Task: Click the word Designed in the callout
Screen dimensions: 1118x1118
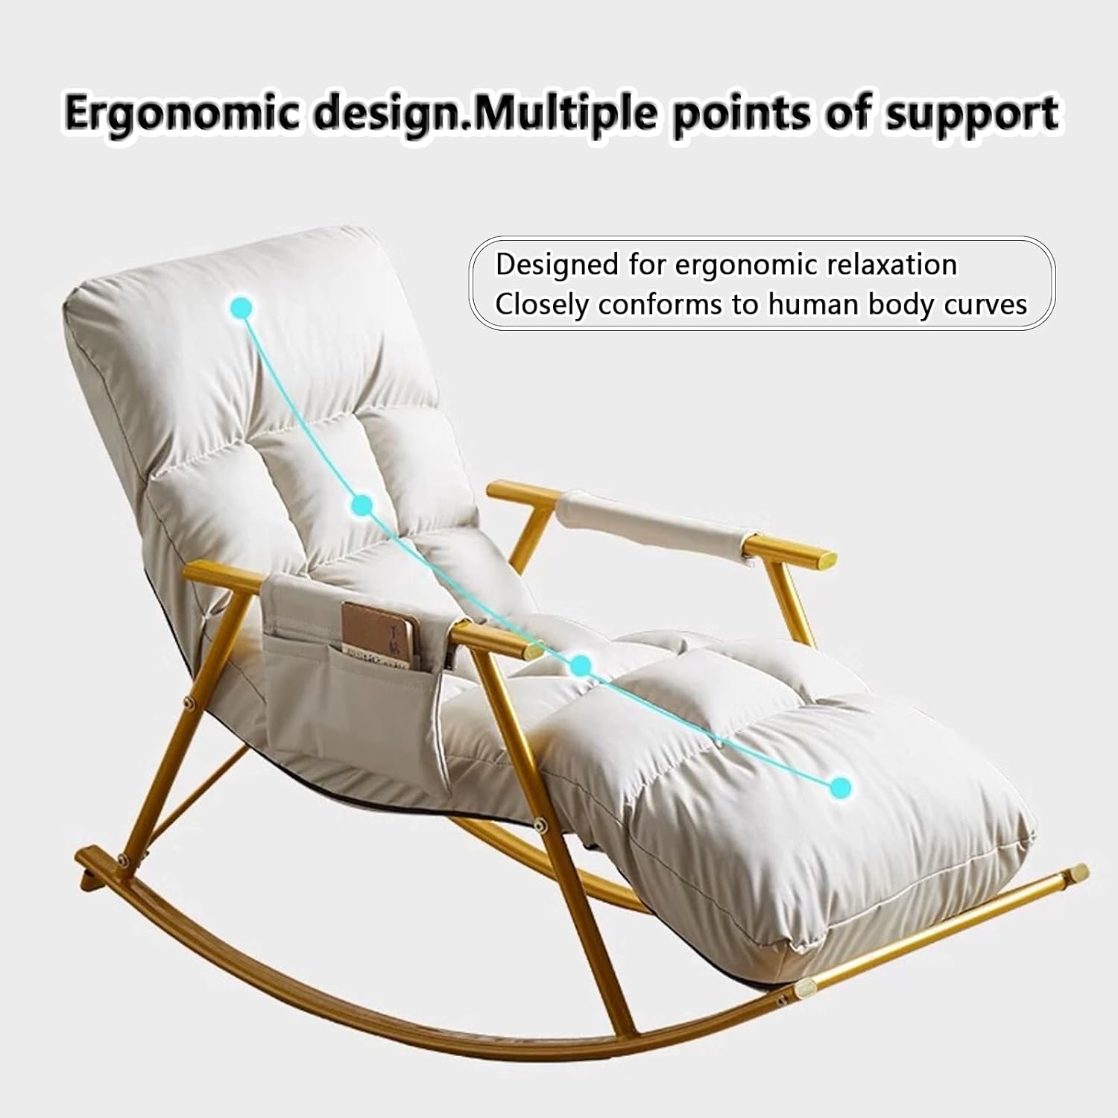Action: [558, 265]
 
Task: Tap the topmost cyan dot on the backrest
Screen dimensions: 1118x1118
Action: [241, 306]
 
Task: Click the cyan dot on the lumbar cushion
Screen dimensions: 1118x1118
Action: [361, 506]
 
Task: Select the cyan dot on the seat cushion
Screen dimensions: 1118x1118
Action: [581, 665]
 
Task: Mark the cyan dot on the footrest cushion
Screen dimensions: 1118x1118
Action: [840, 786]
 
